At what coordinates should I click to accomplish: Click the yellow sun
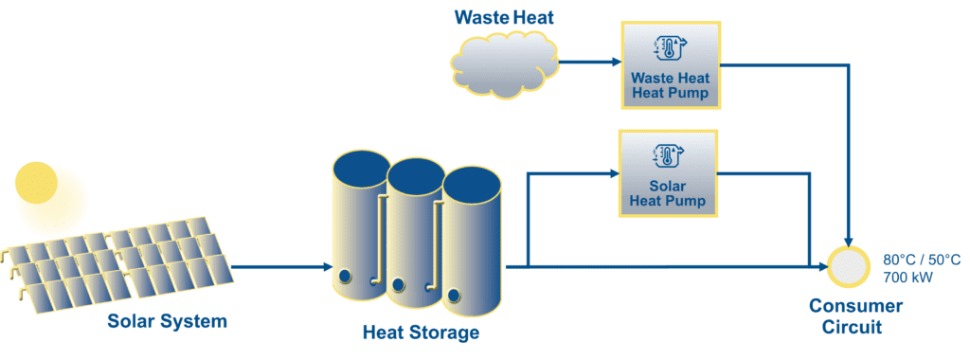pyautogui.click(x=37, y=183)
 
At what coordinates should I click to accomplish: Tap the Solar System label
pyautogui.click(x=168, y=321)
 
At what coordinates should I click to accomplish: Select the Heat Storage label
pyautogui.click(x=421, y=333)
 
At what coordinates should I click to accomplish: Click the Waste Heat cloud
pyautogui.click(x=501, y=64)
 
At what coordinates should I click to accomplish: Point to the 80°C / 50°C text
pyautogui.click(x=922, y=260)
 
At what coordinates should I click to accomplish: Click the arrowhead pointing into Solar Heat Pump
pyautogui.click(x=612, y=174)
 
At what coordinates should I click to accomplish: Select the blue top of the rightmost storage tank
pyautogui.click(x=471, y=184)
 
